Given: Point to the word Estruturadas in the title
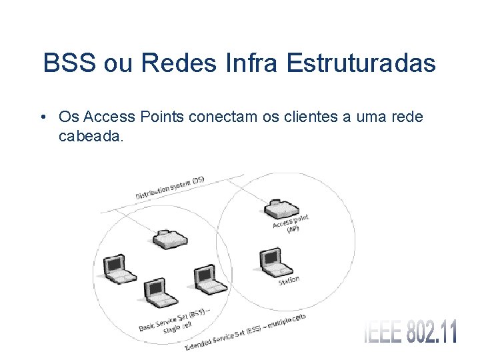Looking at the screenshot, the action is [361, 64].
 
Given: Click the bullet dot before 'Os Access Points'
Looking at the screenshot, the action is [43, 118].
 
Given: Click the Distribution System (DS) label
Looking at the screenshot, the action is [170, 188].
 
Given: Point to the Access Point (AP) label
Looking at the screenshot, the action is [291, 223].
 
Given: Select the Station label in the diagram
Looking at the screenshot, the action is [289, 281].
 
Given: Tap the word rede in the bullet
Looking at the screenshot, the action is [406, 117].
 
